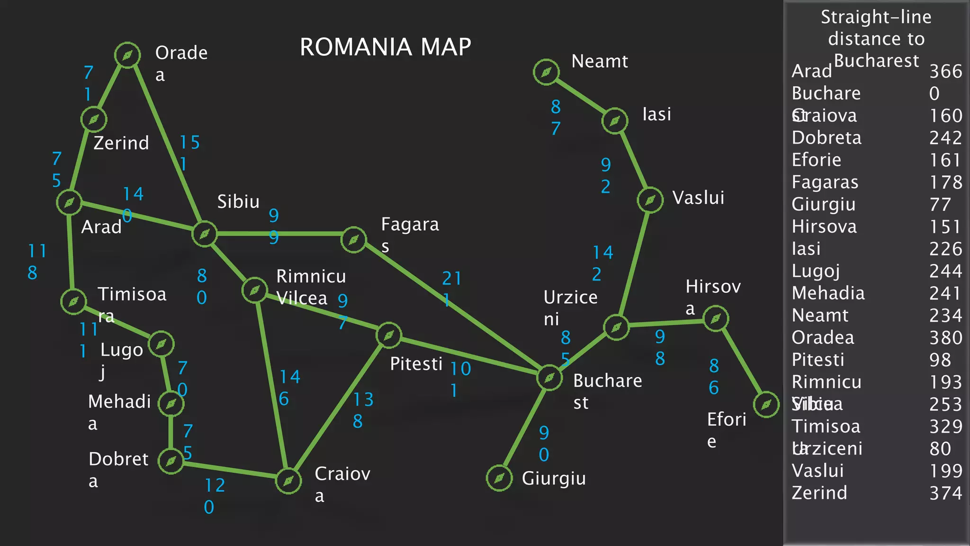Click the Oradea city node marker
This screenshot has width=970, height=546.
(x=127, y=55)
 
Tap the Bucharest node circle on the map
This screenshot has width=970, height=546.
(x=549, y=378)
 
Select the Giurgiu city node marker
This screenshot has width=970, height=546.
(x=499, y=478)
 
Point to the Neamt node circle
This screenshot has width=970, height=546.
(x=546, y=72)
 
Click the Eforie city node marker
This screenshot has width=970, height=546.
(x=766, y=405)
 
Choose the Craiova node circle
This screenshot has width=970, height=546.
(x=288, y=481)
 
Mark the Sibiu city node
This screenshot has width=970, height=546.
(x=205, y=234)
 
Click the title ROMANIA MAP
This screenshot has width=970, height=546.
(x=386, y=47)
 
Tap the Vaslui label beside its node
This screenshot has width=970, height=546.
(x=698, y=198)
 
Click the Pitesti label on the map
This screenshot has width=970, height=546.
(x=416, y=364)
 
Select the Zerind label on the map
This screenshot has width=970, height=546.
(x=121, y=143)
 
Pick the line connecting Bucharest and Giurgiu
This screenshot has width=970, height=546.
(x=524, y=428)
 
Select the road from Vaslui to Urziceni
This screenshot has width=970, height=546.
(x=633, y=263)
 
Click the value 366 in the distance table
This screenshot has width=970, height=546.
(x=945, y=72)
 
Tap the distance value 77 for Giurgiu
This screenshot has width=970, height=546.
(x=940, y=205)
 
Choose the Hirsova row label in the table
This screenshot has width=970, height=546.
(x=824, y=227)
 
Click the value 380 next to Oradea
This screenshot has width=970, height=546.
(x=945, y=337)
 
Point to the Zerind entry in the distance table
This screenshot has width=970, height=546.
(x=819, y=493)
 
